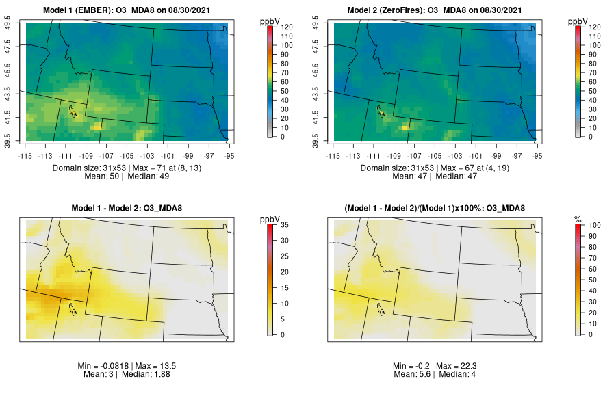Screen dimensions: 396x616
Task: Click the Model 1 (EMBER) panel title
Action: [130, 11]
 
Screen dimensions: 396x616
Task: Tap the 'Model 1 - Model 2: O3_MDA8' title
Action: [130, 209]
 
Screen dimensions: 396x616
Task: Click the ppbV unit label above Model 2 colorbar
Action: [578, 21]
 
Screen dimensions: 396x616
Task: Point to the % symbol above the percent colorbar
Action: [578, 219]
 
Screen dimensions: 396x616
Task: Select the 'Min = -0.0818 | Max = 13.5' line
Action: [130, 366]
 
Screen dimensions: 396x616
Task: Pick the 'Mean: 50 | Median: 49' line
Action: [130, 176]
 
